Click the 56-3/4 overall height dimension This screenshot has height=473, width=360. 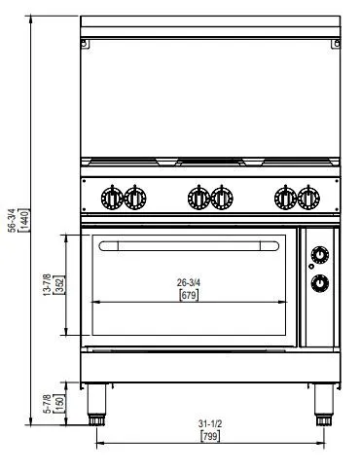tap(12, 220)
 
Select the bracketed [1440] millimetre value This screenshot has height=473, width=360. tap(25, 220)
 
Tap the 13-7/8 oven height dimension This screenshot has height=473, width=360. tap(47, 284)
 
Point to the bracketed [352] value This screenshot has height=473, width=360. tap(60, 284)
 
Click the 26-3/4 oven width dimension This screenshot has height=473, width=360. tap(189, 282)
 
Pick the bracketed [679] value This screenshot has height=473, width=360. tap(189, 295)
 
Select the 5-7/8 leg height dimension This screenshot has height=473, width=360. tap(47, 404)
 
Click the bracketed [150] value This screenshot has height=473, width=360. tap(60, 404)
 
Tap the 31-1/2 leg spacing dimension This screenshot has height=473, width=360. tap(210, 423)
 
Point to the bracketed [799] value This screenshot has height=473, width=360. tap(210, 436)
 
